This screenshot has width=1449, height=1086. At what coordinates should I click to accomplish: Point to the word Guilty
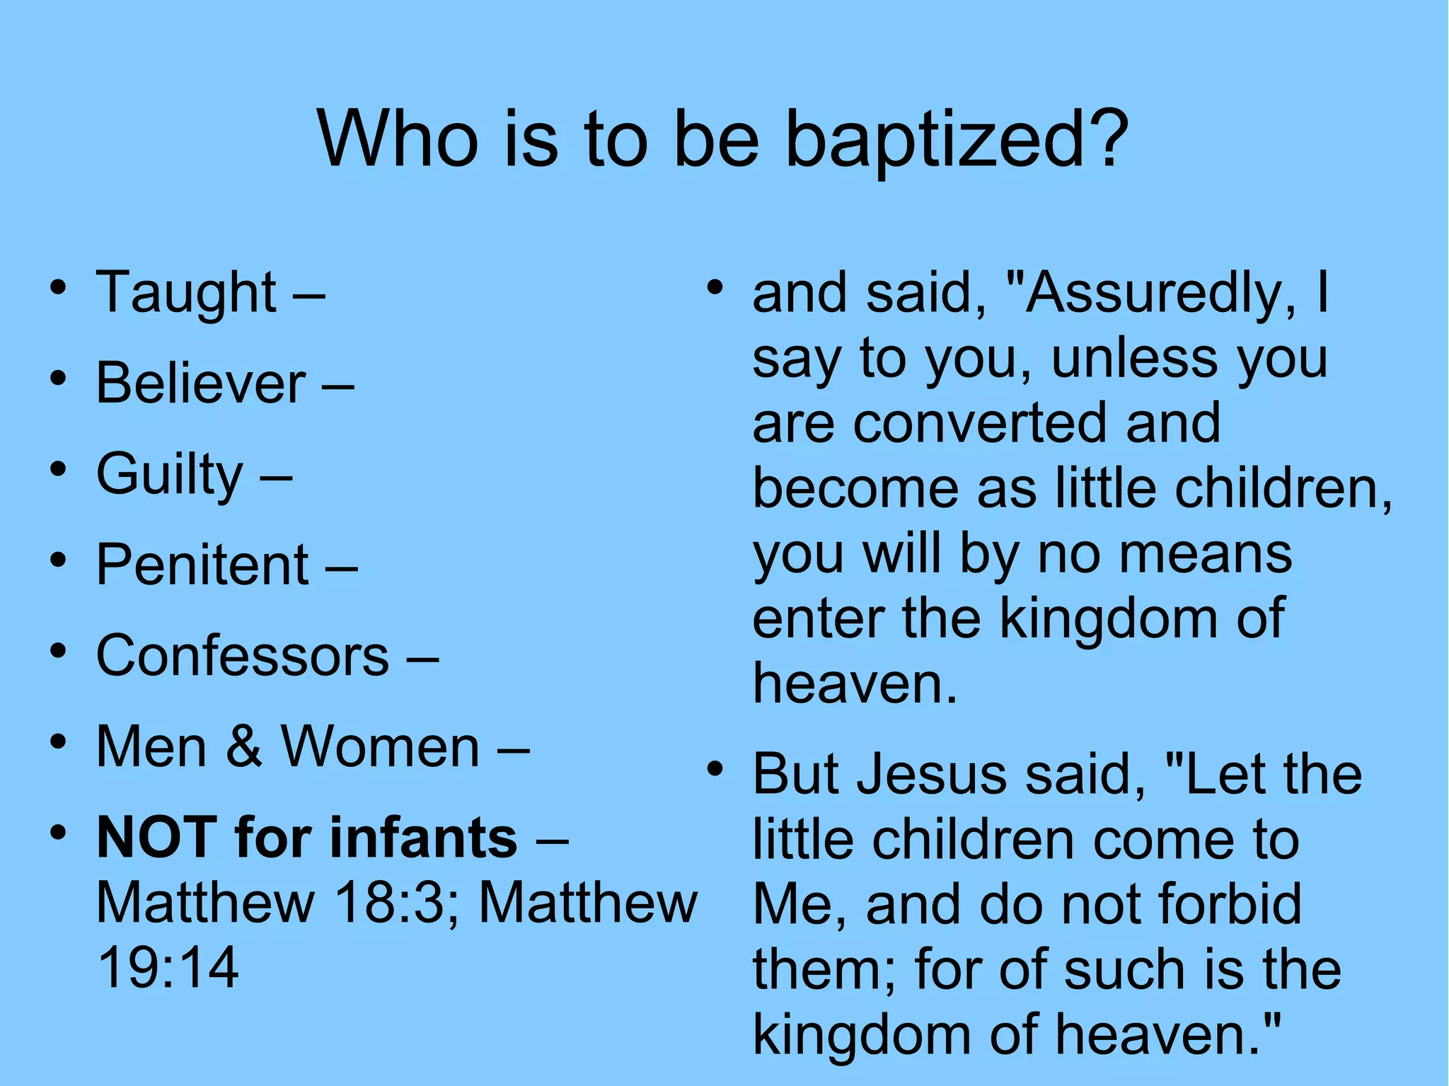[x=170, y=475]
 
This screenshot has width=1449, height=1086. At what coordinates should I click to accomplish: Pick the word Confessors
[x=243, y=655]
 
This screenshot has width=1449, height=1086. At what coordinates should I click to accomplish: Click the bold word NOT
[x=156, y=837]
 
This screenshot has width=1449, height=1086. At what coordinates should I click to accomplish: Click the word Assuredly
[x=1154, y=294]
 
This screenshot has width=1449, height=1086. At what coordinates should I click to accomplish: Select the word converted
[x=980, y=423]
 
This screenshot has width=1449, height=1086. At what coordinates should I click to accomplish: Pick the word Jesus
[x=931, y=774]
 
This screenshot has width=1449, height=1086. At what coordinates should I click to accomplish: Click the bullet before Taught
[x=59, y=288]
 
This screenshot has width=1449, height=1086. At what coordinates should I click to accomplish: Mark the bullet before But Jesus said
[x=715, y=769]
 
